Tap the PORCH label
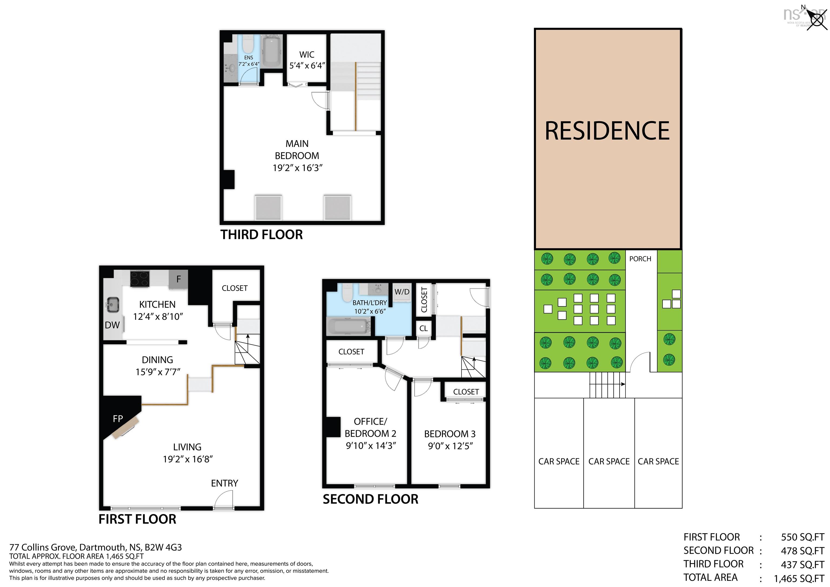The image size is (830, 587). pos(640,259)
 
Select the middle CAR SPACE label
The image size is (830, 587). pos(609,462)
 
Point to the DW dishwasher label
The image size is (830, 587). pos(112,325)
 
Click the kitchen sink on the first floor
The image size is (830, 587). pos(113,305)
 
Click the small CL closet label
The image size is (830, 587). pos(424,328)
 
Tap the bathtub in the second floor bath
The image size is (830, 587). pos(349,326)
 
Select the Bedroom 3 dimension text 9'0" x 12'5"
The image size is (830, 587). pos(450,446)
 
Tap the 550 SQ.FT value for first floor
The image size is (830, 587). pos(802,537)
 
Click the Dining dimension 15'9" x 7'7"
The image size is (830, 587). pos(158,372)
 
